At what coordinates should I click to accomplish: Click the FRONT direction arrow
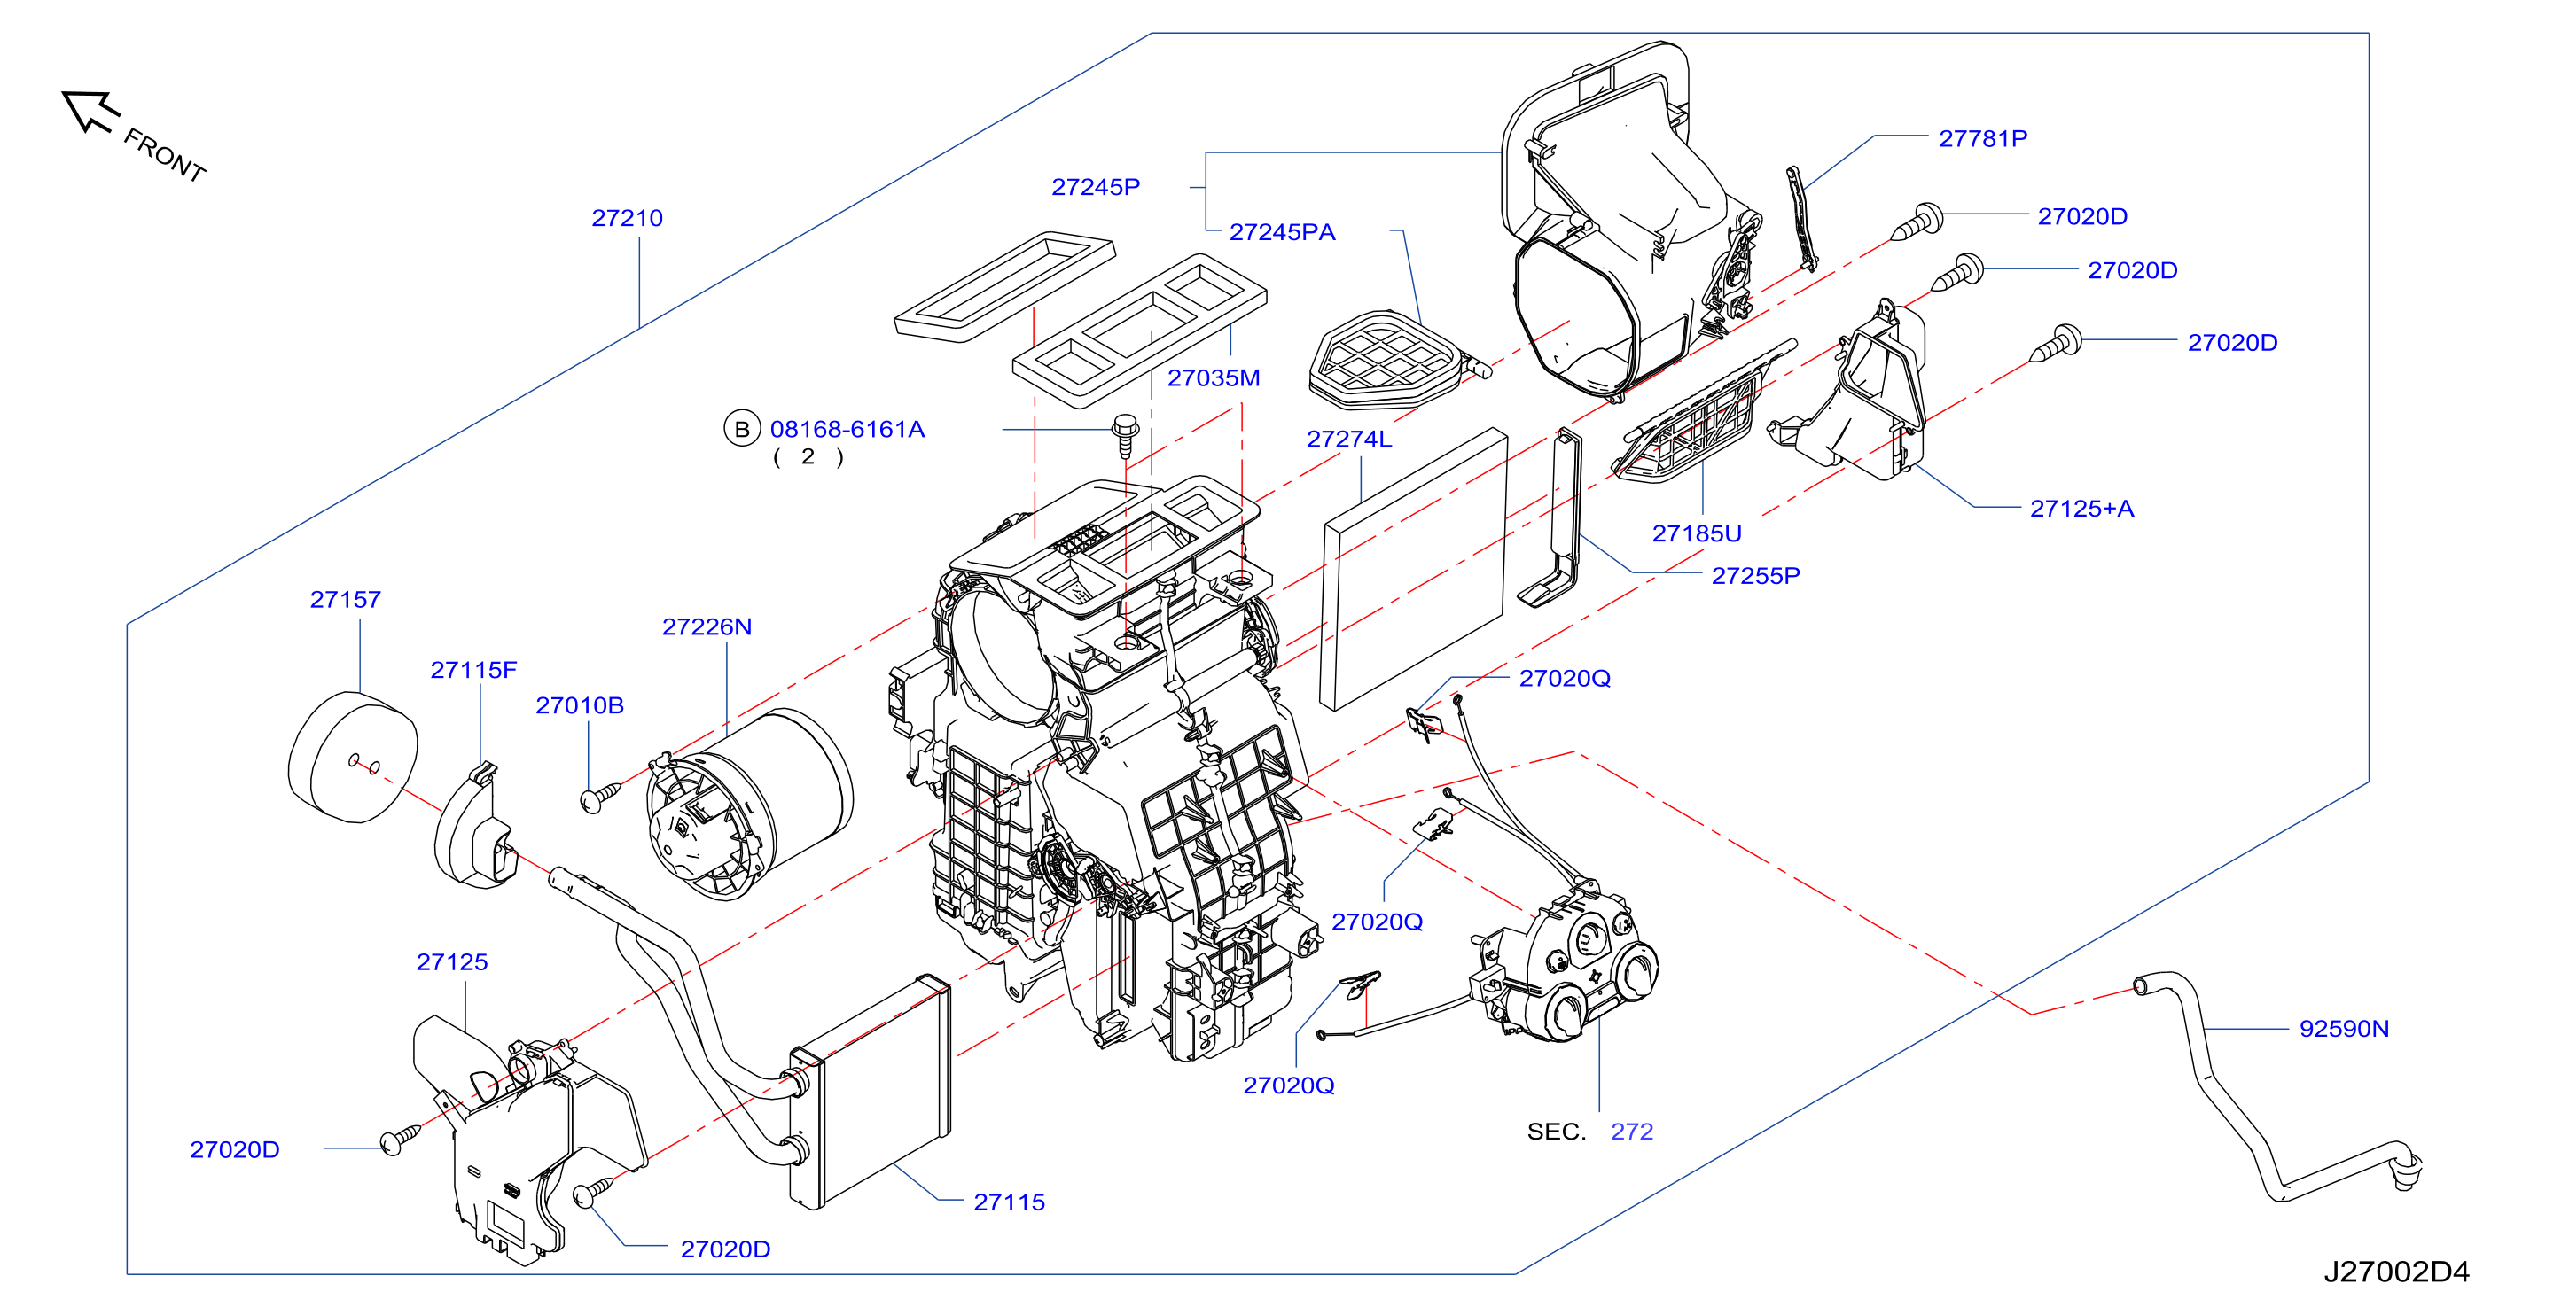(x=90, y=111)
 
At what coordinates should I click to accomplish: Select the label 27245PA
(x=1282, y=231)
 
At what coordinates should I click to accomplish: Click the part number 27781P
(x=1982, y=138)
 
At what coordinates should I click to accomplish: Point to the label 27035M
(x=1214, y=377)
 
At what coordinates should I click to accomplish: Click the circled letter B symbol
(x=742, y=429)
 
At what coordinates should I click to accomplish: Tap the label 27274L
(x=1348, y=439)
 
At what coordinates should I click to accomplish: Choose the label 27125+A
(x=2081, y=509)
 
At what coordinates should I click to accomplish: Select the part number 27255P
(x=1755, y=575)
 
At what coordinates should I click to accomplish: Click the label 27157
(x=345, y=599)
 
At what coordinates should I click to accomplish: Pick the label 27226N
(x=707, y=626)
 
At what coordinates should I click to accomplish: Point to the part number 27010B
(x=580, y=704)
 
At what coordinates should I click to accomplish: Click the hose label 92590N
(x=2344, y=1028)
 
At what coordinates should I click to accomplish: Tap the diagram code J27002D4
(x=2396, y=1271)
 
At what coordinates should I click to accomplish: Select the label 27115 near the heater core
(x=1009, y=1202)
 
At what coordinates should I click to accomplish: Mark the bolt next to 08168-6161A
(x=1126, y=436)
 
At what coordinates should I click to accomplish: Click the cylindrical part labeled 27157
(x=353, y=758)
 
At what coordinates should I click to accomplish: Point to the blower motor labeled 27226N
(x=749, y=804)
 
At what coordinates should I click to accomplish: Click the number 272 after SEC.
(x=1631, y=1132)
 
